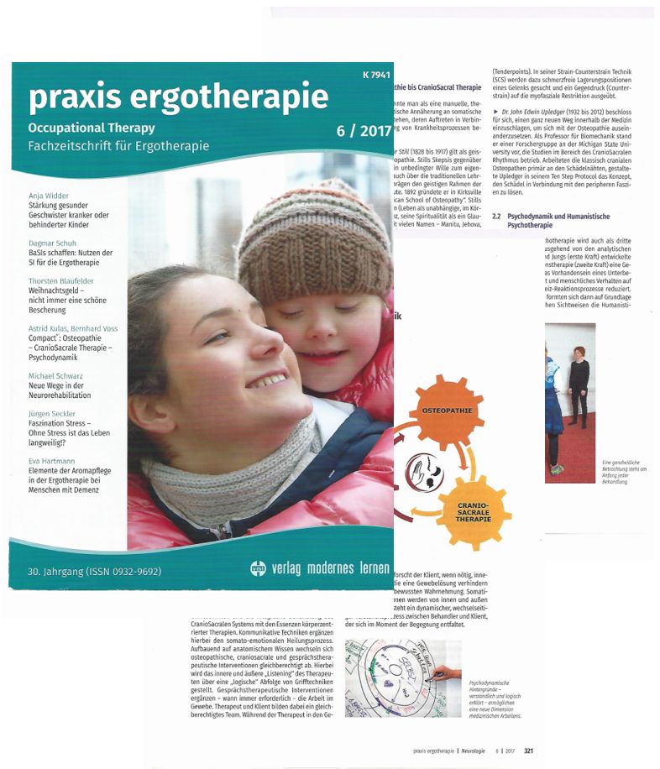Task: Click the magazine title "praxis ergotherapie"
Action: (x=178, y=98)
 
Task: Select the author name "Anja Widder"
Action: (x=53, y=195)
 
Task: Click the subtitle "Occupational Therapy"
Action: (x=92, y=128)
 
